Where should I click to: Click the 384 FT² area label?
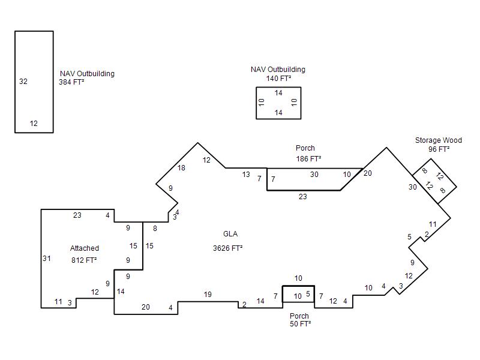(71, 82)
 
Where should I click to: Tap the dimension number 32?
(23, 82)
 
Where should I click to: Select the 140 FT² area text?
(278, 79)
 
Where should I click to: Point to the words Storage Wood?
(439, 140)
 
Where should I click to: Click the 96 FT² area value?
(439, 149)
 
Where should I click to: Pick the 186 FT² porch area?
(308, 159)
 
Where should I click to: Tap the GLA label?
(230, 234)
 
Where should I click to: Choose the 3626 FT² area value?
(228, 248)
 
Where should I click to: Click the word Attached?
(85, 248)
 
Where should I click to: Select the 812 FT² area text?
(84, 260)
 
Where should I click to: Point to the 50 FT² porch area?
(301, 324)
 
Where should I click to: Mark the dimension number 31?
(47, 259)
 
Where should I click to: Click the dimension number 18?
(181, 168)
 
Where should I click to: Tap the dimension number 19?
(208, 295)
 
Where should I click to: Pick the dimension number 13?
(246, 175)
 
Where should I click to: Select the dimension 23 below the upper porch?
(303, 197)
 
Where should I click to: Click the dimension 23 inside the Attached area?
(77, 215)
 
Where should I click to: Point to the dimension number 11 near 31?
(58, 302)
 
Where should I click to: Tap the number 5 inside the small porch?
(308, 294)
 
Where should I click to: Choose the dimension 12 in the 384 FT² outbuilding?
(34, 124)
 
